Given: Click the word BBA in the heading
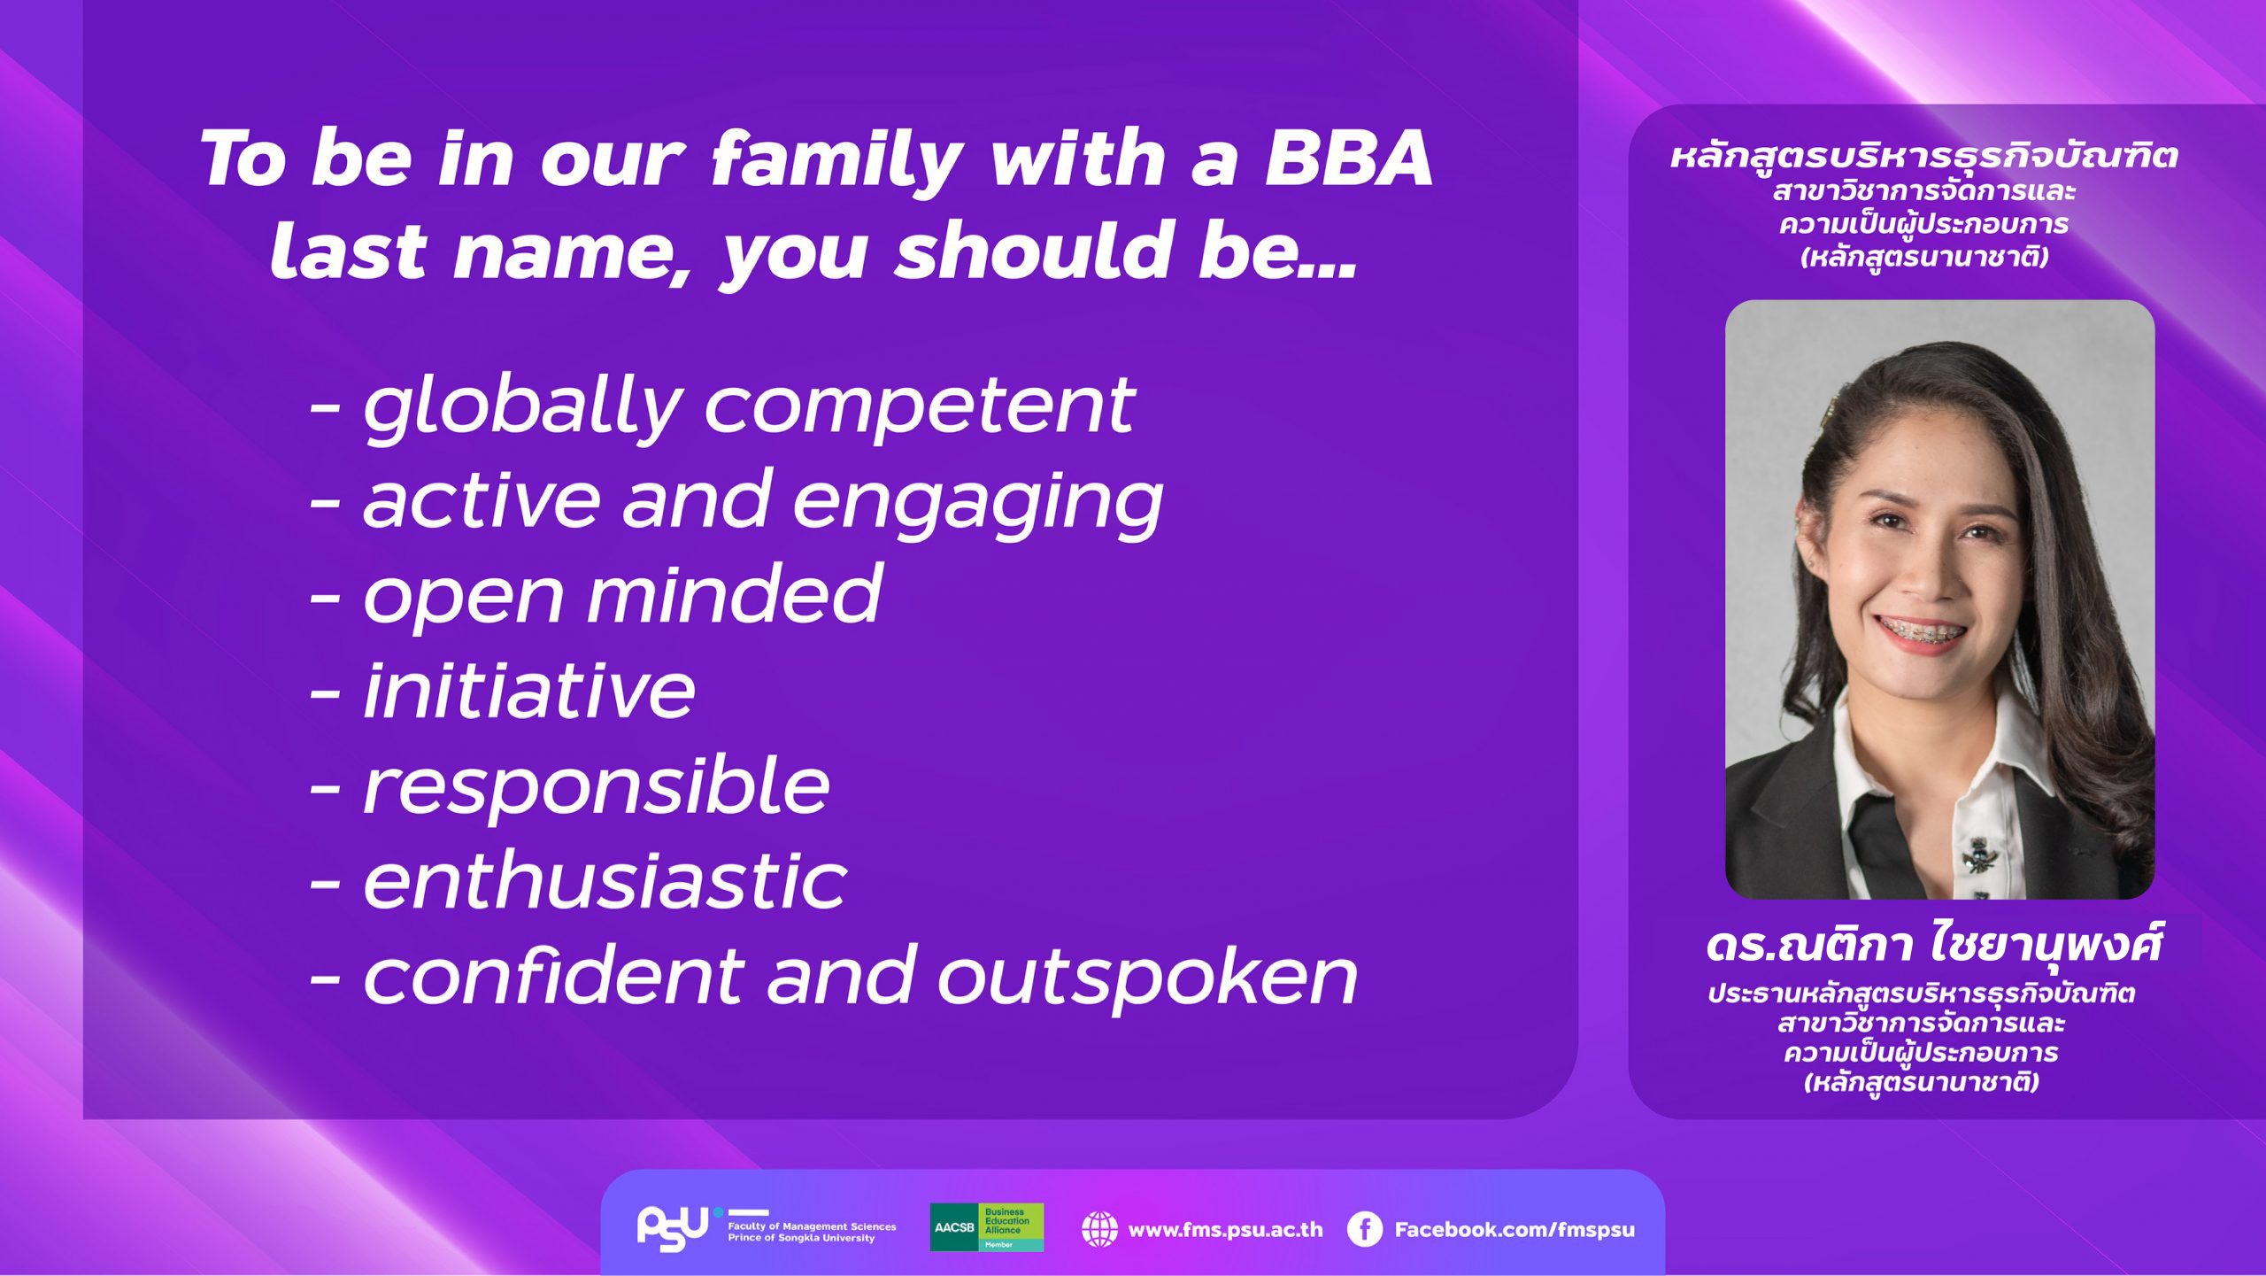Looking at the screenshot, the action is (x=1347, y=159).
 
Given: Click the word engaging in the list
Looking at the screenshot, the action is (x=977, y=504).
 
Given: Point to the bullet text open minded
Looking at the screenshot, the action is (x=622, y=595).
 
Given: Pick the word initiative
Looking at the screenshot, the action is (x=529, y=690).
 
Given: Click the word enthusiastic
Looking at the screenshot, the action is (x=605, y=881).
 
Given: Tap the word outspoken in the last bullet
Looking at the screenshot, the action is (x=1147, y=978).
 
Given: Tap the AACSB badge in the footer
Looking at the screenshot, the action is (x=986, y=1227).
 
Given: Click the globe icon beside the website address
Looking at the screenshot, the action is (x=1099, y=1229).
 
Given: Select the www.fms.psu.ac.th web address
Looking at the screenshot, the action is (x=1225, y=1230).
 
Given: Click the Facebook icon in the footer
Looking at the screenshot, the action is (x=1364, y=1229).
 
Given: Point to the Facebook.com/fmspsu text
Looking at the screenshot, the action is (x=1515, y=1230).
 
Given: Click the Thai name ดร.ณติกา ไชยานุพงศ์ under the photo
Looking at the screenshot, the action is (x=1933, y=944).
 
